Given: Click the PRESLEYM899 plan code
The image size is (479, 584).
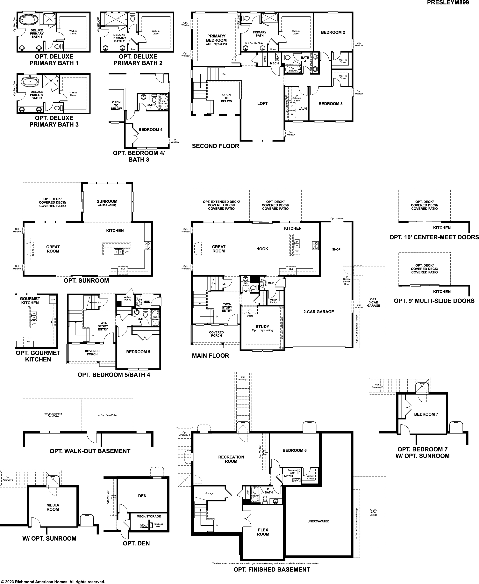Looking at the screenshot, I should click(x=448, y=3).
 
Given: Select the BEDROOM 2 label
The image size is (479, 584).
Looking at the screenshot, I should click(x=333, y=32).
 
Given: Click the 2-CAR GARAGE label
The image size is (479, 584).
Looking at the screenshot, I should click(x=318, y=312).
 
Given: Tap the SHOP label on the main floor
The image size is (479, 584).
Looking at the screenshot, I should click(x=336, y=249).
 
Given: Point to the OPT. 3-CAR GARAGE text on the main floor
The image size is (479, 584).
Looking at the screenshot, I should click(x=373, y=302).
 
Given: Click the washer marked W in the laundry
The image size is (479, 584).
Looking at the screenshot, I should click(x=292, y=114).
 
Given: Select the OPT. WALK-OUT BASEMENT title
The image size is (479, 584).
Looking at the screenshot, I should click(x=90, y=451).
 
